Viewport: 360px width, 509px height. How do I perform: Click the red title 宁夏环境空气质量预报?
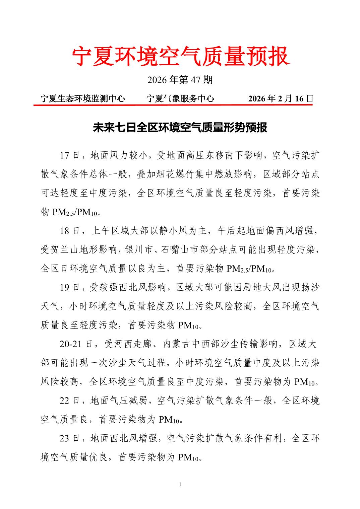180,56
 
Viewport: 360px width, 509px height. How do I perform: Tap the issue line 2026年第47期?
180,80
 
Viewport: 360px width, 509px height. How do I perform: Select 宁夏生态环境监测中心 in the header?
83,98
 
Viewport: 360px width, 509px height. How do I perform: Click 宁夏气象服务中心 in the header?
180,98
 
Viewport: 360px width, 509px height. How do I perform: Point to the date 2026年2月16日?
281,98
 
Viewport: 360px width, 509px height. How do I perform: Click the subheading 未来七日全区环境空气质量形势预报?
180,128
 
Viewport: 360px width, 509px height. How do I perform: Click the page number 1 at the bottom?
180,484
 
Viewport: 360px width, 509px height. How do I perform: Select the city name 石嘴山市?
180,250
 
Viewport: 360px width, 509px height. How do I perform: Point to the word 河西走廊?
133,344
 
